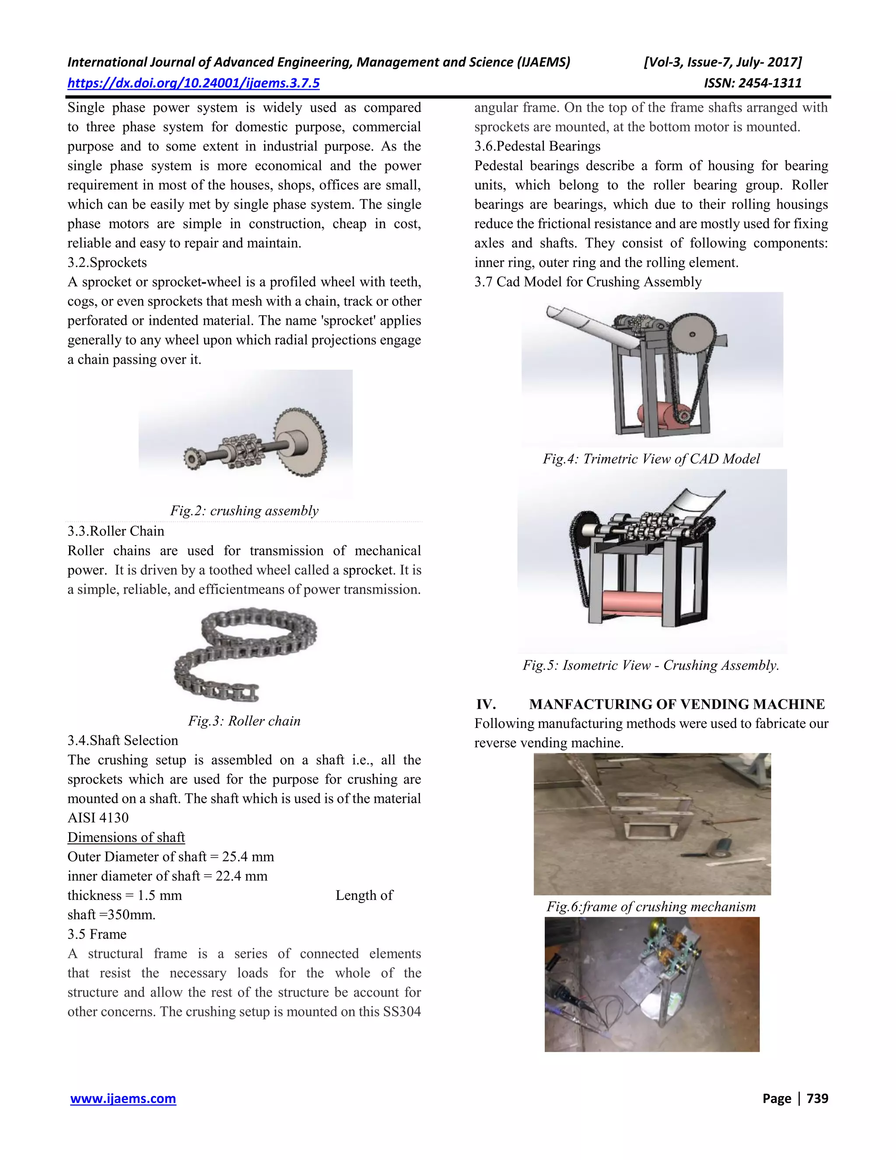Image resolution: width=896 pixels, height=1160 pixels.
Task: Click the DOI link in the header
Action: pyautogui.click(x=193, y=83)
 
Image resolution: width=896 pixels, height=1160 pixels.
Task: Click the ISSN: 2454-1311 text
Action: pyautogui.click(x=752, y=83)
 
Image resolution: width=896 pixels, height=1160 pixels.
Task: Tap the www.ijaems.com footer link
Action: pyautogui.click(x=123, y=1098)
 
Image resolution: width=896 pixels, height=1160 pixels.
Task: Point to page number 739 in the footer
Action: pyautogui.click(x=817, y=1098)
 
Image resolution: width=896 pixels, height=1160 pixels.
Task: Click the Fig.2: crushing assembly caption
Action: pyautogui.click(x=244, y=510)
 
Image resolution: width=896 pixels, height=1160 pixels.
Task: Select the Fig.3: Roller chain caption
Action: pyautogui.click(x=244, y=721)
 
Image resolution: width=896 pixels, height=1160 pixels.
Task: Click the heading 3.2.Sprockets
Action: pyautogui.click(x=107, y=262)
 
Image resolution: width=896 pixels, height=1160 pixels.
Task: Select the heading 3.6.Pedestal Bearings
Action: pyautogui.click(x=537, y=146)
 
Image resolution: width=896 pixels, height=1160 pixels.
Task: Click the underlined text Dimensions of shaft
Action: pyautogui.click(x=126, y=837)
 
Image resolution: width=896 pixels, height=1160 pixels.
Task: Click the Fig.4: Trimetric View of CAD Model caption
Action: pyautogui.click(x=651, y=459)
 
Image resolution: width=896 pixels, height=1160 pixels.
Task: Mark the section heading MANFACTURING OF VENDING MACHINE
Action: pyautogui.click(x=676, y=704)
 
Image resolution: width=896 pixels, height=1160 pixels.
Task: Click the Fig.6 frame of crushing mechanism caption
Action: pyautogui.click(x=651, y=907)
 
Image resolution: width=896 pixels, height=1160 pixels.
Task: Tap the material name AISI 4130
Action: pyautogui.click(x=98, y=818)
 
